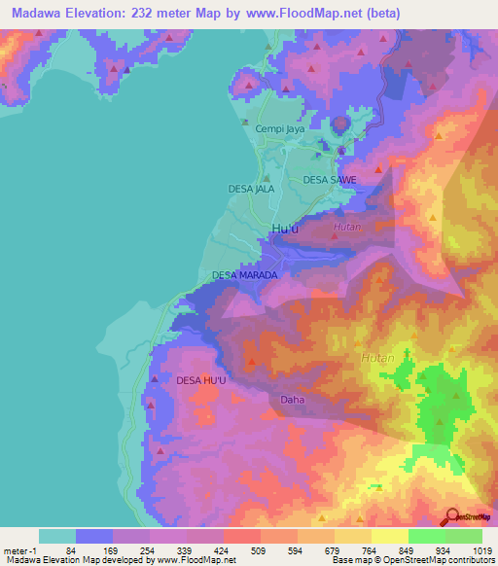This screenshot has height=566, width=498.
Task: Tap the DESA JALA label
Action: coord(252,188)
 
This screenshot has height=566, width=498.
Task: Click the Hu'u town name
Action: coord(285,229)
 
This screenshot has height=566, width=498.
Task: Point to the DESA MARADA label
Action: coord(245,275)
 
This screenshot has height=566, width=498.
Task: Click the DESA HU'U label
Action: coord(201,381)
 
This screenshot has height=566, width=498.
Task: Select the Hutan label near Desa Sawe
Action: coord(347,227)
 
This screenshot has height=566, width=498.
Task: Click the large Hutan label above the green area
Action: coord(378,359)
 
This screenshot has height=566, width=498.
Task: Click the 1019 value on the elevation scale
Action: coord(480,550)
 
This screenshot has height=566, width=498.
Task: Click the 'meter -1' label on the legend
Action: coord(20,550)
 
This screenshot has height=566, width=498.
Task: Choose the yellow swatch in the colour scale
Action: coord(390,536)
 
